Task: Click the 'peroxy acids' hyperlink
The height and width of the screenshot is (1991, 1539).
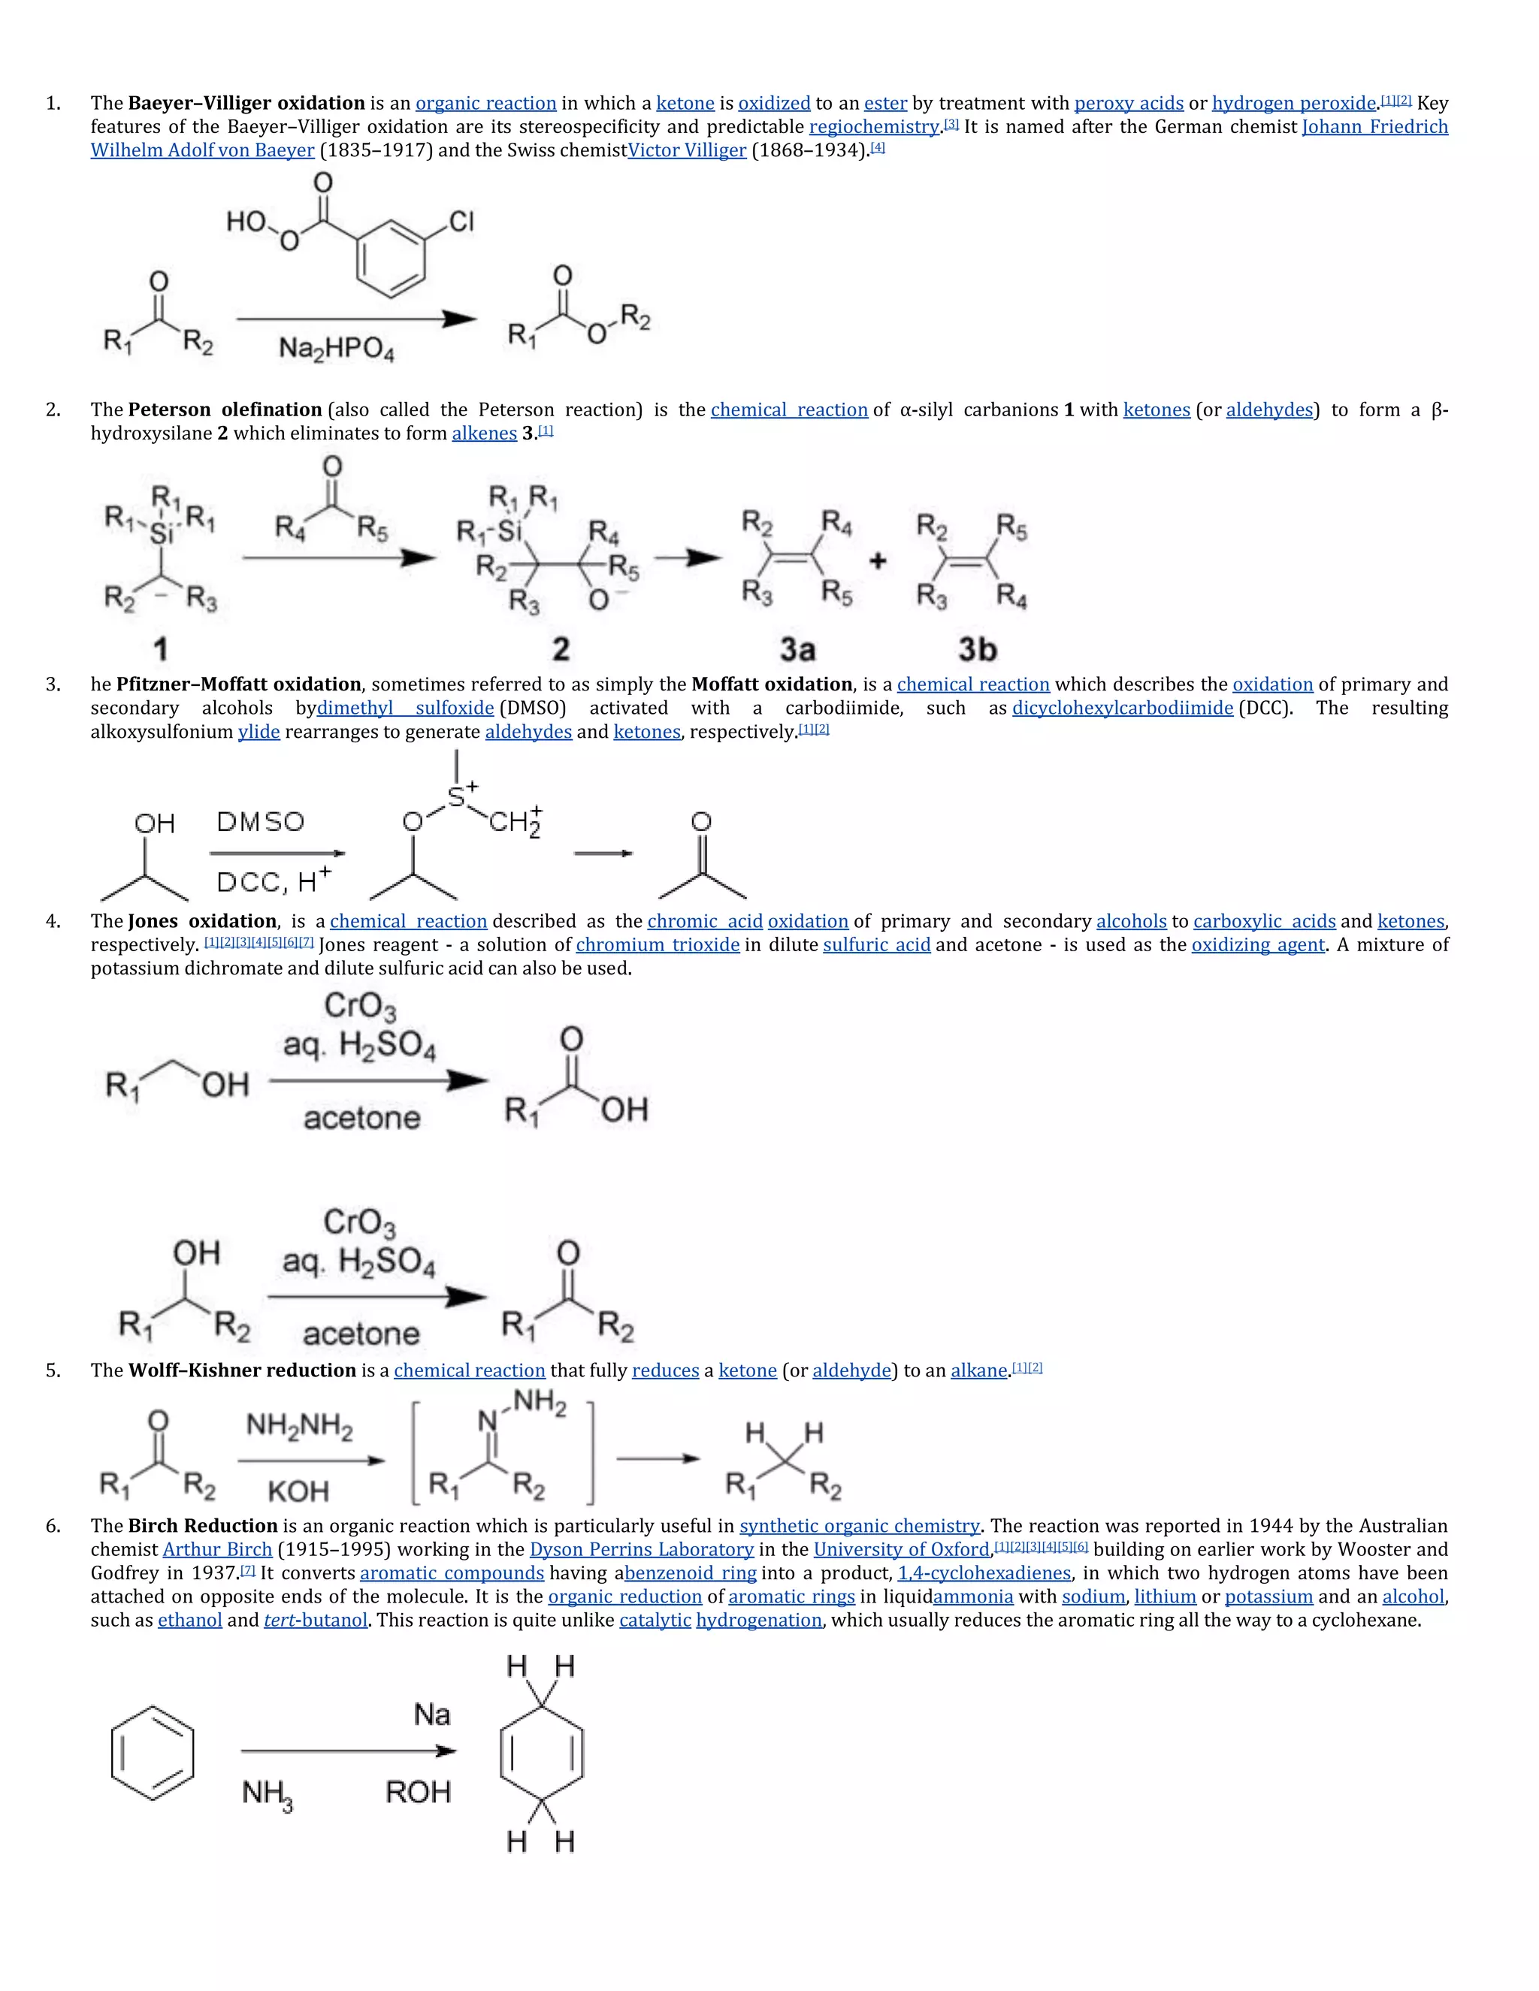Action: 1128,103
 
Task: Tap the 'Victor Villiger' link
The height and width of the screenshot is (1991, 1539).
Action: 687,150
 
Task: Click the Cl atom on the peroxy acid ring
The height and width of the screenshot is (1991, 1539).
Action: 461,222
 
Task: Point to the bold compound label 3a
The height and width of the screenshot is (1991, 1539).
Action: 797,649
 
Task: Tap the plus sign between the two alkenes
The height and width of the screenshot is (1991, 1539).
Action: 877,560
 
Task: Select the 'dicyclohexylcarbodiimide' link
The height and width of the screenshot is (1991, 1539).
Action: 1123,708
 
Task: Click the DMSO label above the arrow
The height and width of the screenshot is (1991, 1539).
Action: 260,822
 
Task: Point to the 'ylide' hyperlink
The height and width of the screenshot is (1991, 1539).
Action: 259,732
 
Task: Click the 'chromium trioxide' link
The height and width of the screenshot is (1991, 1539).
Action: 658,945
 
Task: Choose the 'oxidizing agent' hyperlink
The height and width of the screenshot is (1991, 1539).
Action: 1257,945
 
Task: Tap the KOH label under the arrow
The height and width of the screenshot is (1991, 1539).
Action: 298,1491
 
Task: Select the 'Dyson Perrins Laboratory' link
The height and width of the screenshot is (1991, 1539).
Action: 641,1550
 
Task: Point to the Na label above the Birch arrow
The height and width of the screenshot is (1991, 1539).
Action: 431,1715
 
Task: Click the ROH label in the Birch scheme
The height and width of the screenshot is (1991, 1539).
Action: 418,1792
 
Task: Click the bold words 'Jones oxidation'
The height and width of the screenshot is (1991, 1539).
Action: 202,922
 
